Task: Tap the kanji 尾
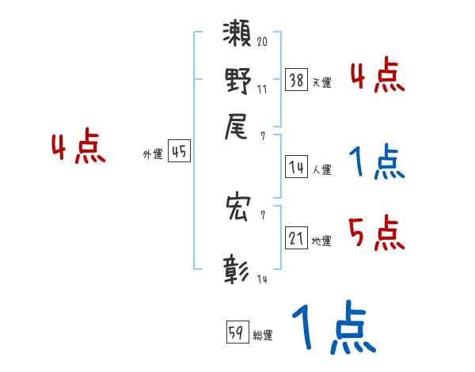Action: tap(237, 127)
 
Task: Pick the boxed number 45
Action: tap(180, 153)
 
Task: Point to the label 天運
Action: tap(321, 82)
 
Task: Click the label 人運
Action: tap(321, 169)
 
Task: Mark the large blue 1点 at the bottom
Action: tap(332, 328)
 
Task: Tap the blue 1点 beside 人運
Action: tap(376, 163)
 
